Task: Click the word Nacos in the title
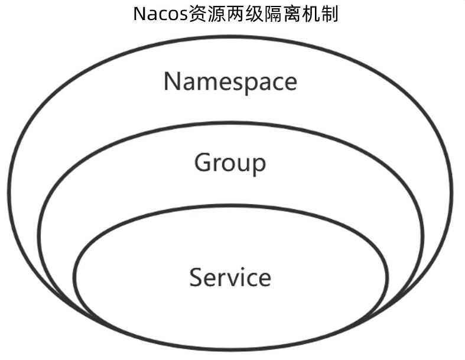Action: pos(161,14)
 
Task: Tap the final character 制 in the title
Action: pos(330,14)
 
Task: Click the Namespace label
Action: pos(230,82)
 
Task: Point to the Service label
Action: pos(230,277)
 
